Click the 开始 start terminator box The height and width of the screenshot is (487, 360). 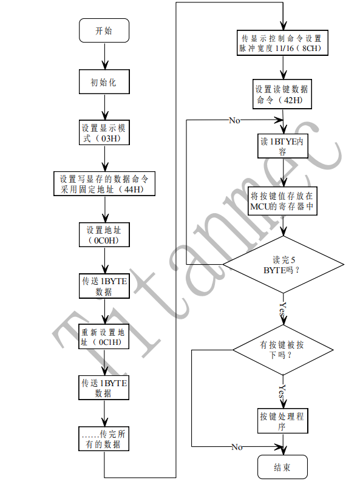click(x=104, y=31)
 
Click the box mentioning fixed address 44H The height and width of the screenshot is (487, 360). click(x=104, y=184)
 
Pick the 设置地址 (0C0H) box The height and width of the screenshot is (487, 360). click(x=104, y=235)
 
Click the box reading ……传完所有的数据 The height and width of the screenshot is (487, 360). click(x=104, y=439)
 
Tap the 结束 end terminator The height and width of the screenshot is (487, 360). click(x=282, y=468)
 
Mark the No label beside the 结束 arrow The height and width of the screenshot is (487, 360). click(x=236, y=448)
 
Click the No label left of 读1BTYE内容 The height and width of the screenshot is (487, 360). click(x=234, y=120)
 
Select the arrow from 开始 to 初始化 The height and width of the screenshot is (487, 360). click(x=104, y=56)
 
